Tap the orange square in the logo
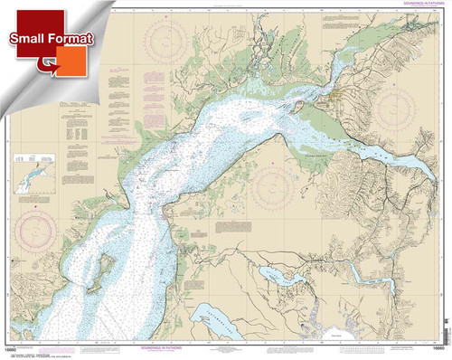pyautogui.click(x=65, y=62)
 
